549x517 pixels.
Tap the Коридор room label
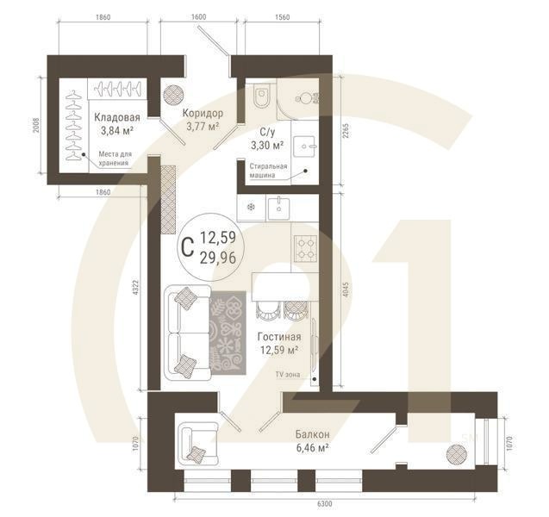(x=203, y=113)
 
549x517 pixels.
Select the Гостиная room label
(x=278, y=336)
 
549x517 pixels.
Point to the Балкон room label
(x=311, y=434)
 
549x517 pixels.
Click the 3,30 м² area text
(x=265, y=146)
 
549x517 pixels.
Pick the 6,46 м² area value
(x=311, y=448)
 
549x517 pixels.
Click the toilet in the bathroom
(x=265, y=95)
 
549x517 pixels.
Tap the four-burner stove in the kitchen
(x=304, y=249)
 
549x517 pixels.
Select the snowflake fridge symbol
(x=251, y=207)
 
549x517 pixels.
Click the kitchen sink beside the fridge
(x=279, y=207)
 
